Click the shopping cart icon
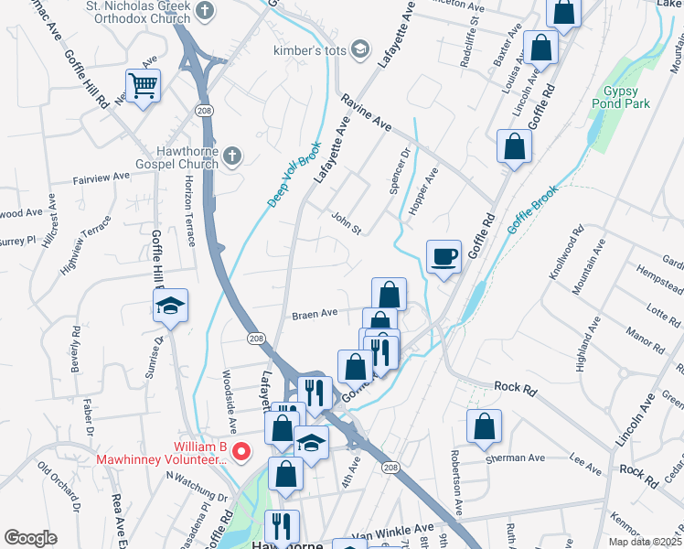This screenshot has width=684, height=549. (144, 86)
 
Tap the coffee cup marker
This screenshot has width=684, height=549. (444, 257)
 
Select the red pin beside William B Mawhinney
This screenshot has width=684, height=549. (241, 450)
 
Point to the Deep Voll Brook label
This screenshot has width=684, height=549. (294, 172)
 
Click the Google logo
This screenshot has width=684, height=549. (30, 538)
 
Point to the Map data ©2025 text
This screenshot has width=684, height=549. (645, 542)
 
